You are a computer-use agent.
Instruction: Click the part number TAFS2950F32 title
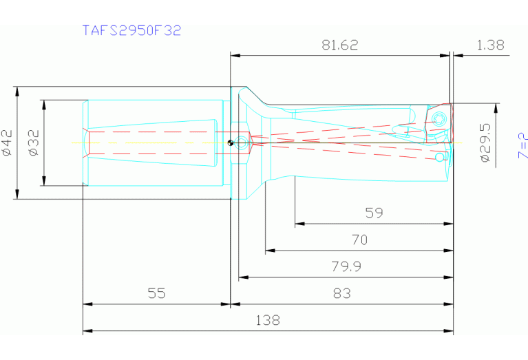coord(131,30)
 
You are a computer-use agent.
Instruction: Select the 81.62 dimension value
coord(340,45)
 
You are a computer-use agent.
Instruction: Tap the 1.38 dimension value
coord(490,45)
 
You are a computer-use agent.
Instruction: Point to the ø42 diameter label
coord(8,142)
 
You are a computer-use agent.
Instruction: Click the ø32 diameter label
coord(34,142)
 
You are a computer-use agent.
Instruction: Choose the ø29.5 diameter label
coord(486,142)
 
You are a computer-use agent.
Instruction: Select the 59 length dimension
coord(374,213)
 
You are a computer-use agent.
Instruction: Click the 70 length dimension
coord(359,240)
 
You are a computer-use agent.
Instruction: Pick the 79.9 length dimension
coord(346,266)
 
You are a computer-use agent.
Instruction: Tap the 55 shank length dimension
coord(156,293)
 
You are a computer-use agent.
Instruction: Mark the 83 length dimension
coord(341,293)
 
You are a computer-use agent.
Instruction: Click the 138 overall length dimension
coord(268,320)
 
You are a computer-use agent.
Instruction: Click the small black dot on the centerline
coord(230,143)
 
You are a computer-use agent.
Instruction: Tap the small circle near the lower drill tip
coord(440,158)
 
